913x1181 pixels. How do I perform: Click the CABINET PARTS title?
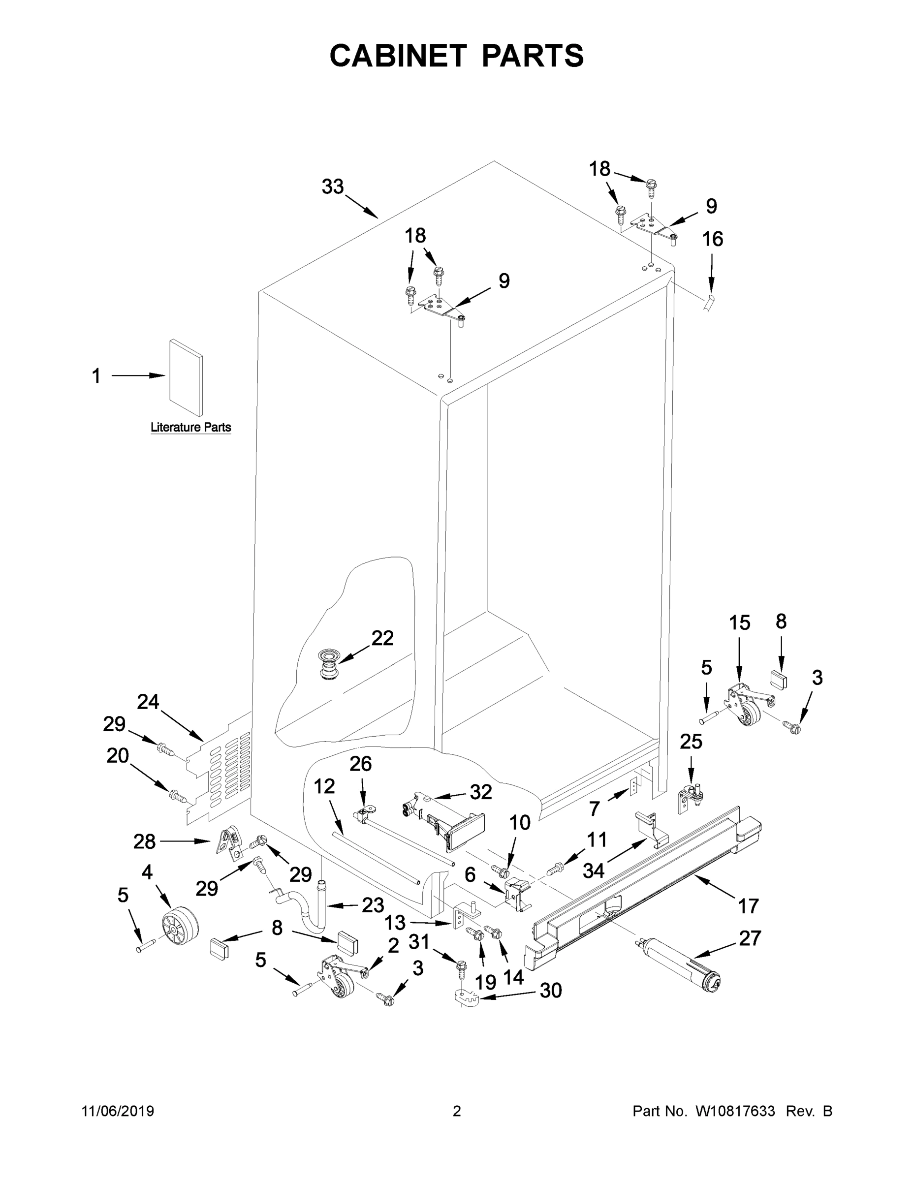click(x=457, y=56)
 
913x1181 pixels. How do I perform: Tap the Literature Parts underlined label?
click(x=190, y=427)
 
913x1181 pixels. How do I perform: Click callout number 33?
click(x=333, y=187)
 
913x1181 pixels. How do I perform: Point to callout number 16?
click(x=712, y=239)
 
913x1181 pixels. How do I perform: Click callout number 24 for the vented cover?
click(x=148, y=702)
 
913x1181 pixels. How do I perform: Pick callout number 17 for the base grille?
click(x=748, y=905)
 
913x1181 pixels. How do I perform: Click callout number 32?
click(x=481, y=792)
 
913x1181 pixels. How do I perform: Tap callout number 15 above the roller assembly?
click(x=739, y=623)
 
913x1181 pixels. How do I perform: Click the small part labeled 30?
click(x=465, y=996)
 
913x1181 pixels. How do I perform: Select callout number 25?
click(x=691, y=742)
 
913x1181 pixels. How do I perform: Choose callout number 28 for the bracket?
click(x=144, y=841)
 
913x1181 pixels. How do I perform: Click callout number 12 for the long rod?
click(x=324, y=786)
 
